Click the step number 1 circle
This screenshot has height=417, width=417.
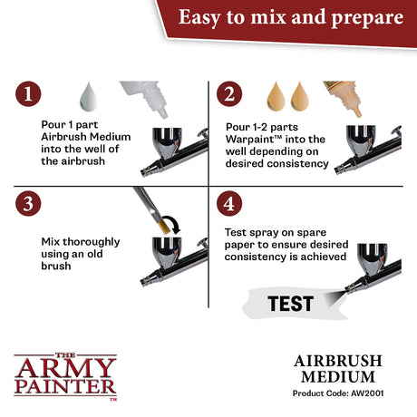(x=28, y=93)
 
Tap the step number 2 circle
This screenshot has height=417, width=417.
(x=229, y=93)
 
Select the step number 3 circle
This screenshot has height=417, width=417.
(x=28, y=203)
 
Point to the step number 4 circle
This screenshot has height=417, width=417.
(x=229, y=203)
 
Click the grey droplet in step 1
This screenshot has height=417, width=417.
(x=88, y=97)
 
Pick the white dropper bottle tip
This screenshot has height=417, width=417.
(x=162, y=112)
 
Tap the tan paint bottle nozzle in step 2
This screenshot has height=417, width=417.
(x=357, y=112)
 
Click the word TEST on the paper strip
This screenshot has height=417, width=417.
(x=290, y=304)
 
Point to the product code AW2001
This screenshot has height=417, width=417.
(x=367, y=393)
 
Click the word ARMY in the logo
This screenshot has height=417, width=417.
(x=65, y=368)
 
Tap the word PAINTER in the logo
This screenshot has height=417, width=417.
(x=65, y=386)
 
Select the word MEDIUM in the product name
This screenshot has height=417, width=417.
(x=338, y=377)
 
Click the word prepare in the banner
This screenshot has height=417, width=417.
(x=367, y=18)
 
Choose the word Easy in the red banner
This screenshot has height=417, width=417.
(x=199, y=17)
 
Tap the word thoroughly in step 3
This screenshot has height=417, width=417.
(x=92, y=242)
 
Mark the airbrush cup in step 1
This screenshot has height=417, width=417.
(x=167, y=141)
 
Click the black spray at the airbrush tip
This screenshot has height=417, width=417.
(x=335, y=296)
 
